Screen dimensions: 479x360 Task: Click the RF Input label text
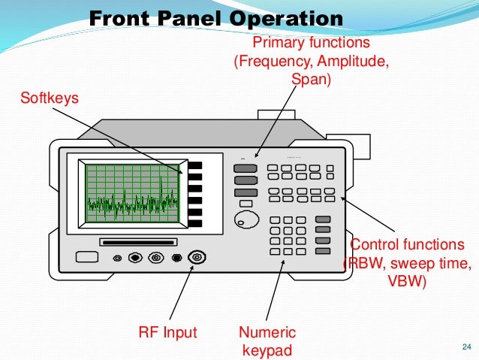(x=167, y=332)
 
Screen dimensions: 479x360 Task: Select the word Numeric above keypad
(x=267, y=332)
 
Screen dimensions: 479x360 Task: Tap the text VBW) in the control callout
(x=406, y=282)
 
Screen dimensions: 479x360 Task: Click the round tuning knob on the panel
(x=245, y=219)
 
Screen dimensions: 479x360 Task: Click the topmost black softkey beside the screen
(x=195, y=166)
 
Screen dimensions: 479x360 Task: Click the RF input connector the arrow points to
(x=197, y=258)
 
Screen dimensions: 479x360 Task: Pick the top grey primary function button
(x=246, y=169)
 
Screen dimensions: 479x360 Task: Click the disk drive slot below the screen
(x=138, y=242)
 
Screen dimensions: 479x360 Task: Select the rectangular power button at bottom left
(x=87, y=257)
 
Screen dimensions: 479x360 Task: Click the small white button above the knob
(x=245, y=203)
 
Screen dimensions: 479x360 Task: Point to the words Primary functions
(x=311, y=43)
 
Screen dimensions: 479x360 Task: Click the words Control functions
(x=408, y=245)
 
